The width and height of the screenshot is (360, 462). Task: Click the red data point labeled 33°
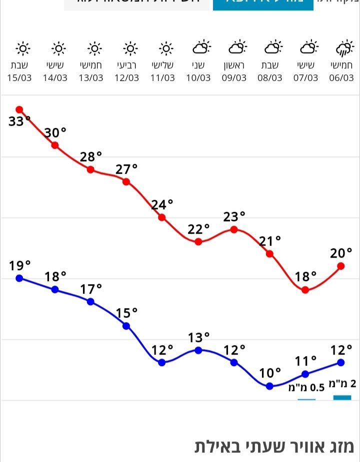coord(19,109)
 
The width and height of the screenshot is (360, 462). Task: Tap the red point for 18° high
coord(305,290)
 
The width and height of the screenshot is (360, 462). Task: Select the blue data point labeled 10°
coord(269,386)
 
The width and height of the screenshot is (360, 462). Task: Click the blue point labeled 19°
coord(19,278)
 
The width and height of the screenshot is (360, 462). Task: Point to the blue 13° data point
coord(198,350)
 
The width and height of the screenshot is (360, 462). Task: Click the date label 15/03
coord(19,78)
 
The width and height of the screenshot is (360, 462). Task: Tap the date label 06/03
coord(341,78)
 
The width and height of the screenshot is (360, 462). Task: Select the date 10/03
coord(198,78)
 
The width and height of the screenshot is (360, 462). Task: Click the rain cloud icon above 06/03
coord(343,49)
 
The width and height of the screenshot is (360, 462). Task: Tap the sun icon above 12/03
coord(130,48)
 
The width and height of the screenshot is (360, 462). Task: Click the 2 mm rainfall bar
coord(342,398)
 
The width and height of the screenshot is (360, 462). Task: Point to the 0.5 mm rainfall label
coord(306,387)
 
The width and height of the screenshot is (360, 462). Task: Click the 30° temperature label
coord(55,133)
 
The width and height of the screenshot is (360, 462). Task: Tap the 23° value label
coord(234,217)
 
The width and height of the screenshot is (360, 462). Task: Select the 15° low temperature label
coord(127,313)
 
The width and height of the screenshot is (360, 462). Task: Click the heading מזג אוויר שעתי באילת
coord(274,447)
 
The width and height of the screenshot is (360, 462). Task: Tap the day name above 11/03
coord(163,65)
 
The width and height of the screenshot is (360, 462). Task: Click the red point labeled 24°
coord(162,217)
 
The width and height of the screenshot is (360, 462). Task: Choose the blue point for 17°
coord(90,302)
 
